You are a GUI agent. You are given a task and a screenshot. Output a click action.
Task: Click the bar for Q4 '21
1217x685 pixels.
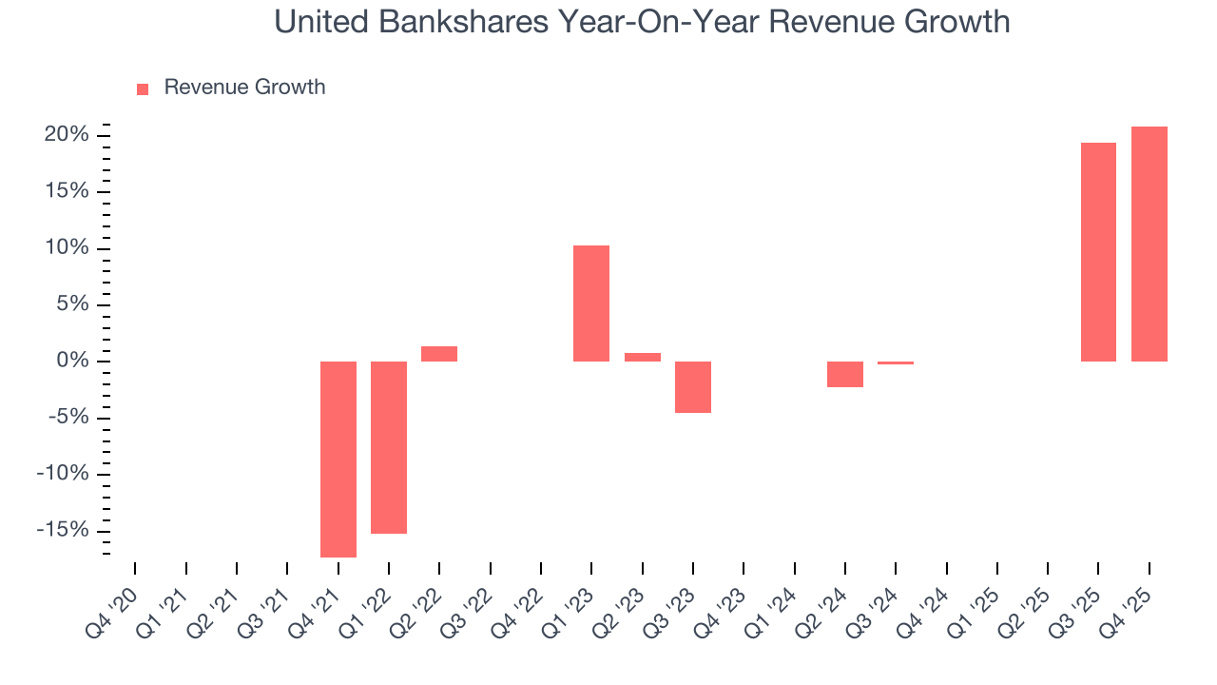point(338,459)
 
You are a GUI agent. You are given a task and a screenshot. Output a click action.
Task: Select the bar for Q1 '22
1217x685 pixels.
point(389,447)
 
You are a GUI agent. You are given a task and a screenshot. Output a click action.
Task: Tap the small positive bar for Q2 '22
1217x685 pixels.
point(439,354)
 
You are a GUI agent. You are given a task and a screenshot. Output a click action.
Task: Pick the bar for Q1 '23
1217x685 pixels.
point(591,303)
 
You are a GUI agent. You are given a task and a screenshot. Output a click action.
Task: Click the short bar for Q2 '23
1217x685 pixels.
point(643,357)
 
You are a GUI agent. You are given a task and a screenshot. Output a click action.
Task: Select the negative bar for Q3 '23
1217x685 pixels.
point(693,386)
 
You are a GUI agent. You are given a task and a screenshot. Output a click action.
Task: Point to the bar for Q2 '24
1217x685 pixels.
point(845,374)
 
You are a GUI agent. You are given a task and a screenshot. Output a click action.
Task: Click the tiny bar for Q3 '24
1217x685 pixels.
point(896,362)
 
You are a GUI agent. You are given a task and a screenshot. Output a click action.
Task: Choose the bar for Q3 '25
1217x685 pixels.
point(1098,252)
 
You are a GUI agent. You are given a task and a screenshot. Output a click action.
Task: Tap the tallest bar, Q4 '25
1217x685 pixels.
point(1149,244)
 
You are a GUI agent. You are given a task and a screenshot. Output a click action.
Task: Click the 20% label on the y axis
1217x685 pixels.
point(66,135)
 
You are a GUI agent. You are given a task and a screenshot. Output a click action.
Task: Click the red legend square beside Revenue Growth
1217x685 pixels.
point(143,88)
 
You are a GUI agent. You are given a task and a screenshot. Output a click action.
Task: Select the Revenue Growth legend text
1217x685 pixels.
point(244,88)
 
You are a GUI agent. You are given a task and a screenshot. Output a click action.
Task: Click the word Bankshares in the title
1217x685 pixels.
point(454,21)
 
